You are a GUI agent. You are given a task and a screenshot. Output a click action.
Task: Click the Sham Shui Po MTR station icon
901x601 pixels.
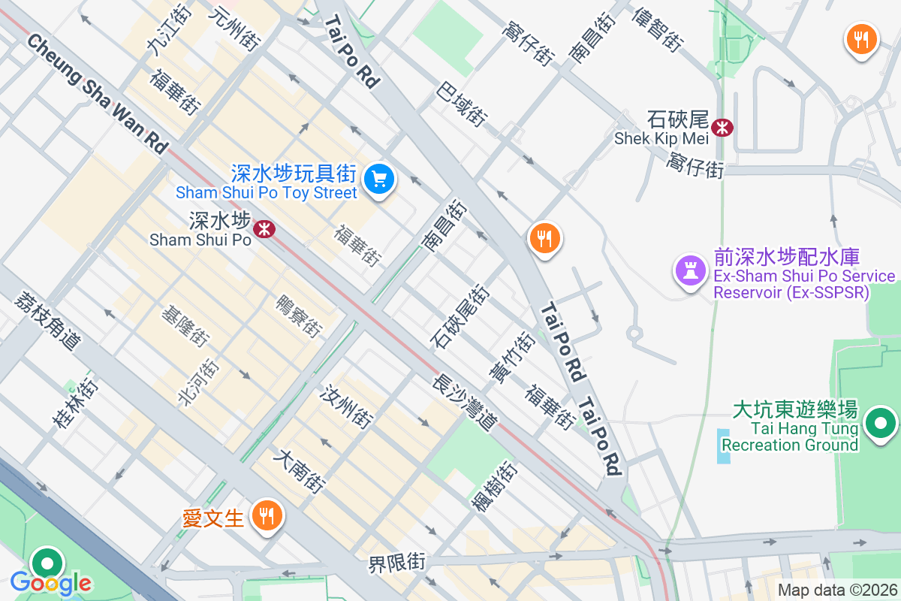click(264, 229)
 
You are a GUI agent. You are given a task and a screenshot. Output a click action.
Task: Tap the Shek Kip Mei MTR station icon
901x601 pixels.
click(722, 128)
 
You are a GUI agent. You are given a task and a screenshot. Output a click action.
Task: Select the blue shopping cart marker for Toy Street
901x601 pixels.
click(379, 180)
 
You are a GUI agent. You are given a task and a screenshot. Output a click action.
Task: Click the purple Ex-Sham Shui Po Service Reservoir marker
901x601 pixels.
click(690, 269)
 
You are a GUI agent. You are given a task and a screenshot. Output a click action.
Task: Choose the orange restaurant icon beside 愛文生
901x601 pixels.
click(265, 516)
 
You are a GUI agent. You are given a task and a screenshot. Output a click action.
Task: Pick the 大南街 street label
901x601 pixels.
click(300, 471)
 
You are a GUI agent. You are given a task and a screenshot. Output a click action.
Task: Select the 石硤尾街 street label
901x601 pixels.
click(459, 316)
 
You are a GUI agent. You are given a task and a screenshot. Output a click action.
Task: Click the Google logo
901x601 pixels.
click(50, 582)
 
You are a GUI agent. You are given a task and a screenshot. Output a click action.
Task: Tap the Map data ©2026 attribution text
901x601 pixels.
click(837, 590)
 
